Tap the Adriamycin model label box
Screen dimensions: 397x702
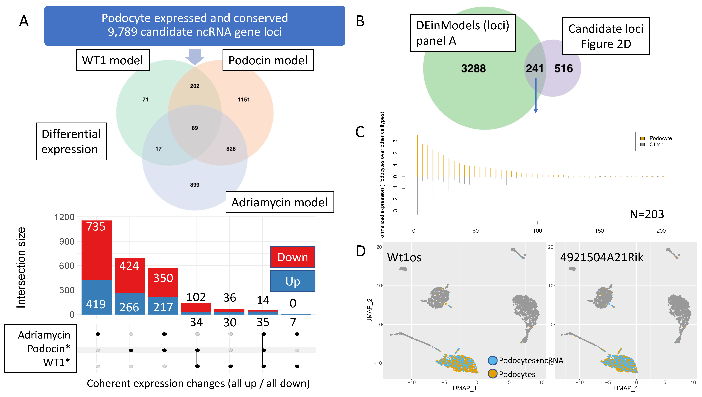click(x=279, y=202)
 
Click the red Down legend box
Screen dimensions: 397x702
click(x=292, y=257)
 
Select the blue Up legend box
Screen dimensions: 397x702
click(x=292, y=281)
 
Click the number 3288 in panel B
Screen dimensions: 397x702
click(x=473, y=68)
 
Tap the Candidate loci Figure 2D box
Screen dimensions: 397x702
click(x=606, y=36)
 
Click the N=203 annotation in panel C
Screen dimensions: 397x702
click(x=647, y=214)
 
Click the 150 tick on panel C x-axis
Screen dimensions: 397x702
click(x=599, y=231)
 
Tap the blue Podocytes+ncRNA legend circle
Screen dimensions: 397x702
click(x=492, y=360)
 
